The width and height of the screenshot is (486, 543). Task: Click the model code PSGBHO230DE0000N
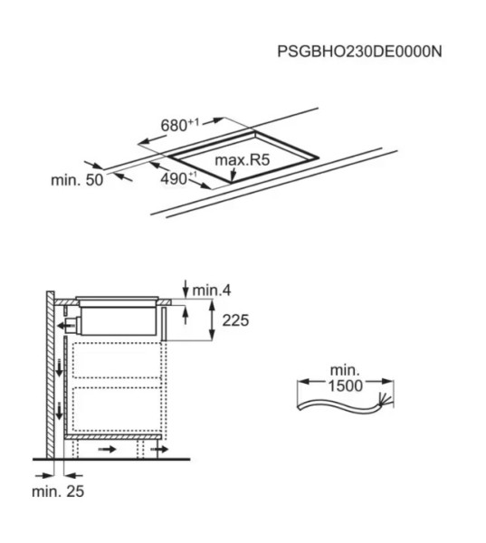coord(359,52)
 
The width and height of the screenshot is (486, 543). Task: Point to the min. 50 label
coord(77,180)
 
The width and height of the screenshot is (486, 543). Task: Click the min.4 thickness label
coord(213,290)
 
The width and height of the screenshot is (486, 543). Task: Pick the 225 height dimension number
coord(233,320)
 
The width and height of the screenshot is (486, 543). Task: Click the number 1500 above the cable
coord(345,385)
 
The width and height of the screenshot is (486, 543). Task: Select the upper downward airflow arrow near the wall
coord(59,367)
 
